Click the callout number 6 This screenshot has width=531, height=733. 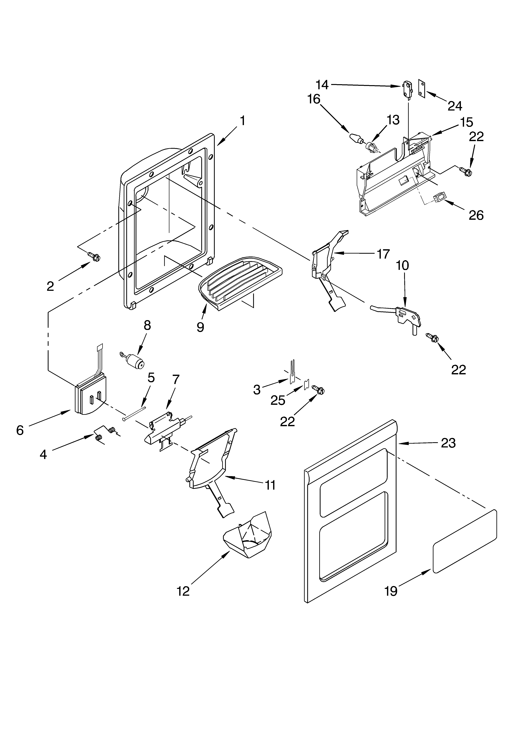click(x=20, y=430)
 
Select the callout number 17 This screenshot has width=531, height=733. click(x=383, y=254)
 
